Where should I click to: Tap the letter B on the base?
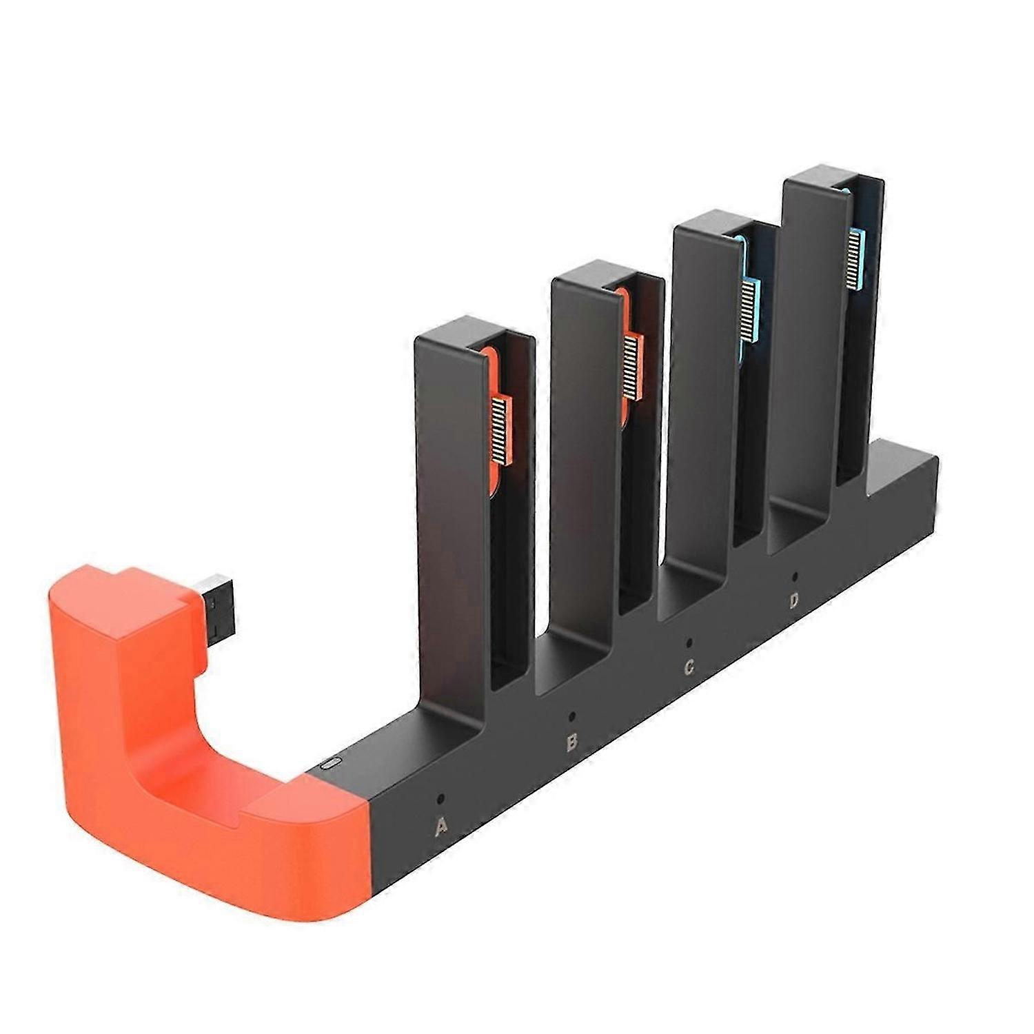pos(571,742)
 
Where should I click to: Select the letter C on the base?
pos(688,667)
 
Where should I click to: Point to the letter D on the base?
pos(794,601)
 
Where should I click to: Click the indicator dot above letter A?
pos(441,799)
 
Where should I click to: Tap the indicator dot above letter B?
pos(571,716)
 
